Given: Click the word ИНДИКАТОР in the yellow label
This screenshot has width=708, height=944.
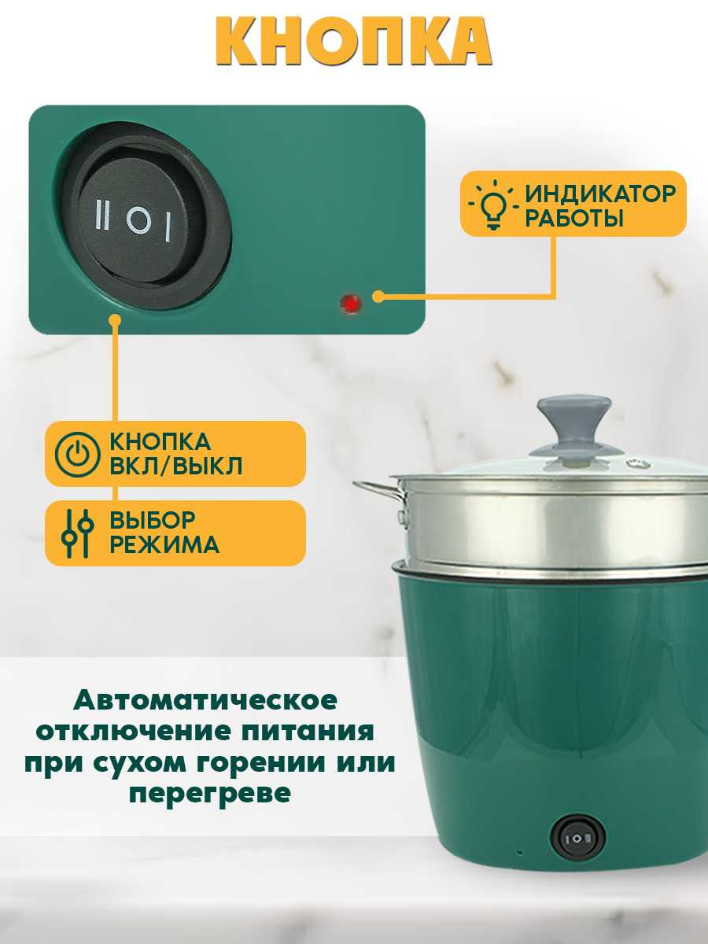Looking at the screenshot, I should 600,193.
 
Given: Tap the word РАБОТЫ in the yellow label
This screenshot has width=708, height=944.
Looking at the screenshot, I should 574,219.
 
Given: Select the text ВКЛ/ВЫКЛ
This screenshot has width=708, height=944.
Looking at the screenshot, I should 175,466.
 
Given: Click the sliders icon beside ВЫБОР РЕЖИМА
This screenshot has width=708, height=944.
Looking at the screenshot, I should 76,533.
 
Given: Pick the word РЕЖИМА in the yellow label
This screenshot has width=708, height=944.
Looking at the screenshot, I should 164,545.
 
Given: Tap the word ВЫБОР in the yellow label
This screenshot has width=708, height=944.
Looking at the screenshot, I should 153,520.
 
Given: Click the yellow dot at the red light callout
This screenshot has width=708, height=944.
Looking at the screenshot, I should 378,297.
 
